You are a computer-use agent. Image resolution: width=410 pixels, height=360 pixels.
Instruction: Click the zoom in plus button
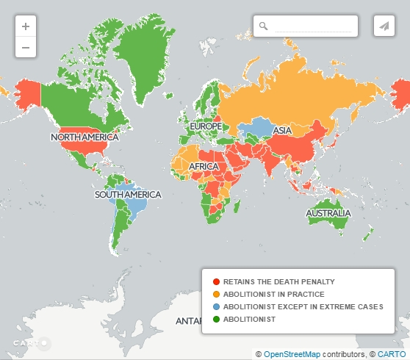[x=26, y=26]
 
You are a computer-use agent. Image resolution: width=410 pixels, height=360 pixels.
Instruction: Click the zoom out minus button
[x=26, y=47]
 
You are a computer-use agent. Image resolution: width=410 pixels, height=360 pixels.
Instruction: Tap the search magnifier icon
[x=264, y=26]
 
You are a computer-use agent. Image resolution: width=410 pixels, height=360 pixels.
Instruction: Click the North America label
[x=84, y=137]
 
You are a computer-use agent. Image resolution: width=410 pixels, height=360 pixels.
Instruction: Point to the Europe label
[x=205, y=126]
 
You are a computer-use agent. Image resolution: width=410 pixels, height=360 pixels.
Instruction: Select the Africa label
[x=204, y=167]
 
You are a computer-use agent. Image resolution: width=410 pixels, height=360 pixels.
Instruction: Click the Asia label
[x=282, y=131]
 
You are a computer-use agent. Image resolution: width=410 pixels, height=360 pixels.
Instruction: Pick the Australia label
[x=328, y=214]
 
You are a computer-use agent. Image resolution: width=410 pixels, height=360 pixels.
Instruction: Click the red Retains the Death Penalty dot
[x=215, y=281]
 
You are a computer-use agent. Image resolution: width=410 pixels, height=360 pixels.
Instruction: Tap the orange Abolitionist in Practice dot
[x=215, y=294]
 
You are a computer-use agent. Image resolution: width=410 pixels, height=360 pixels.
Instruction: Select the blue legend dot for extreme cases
[x=215, y=306]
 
